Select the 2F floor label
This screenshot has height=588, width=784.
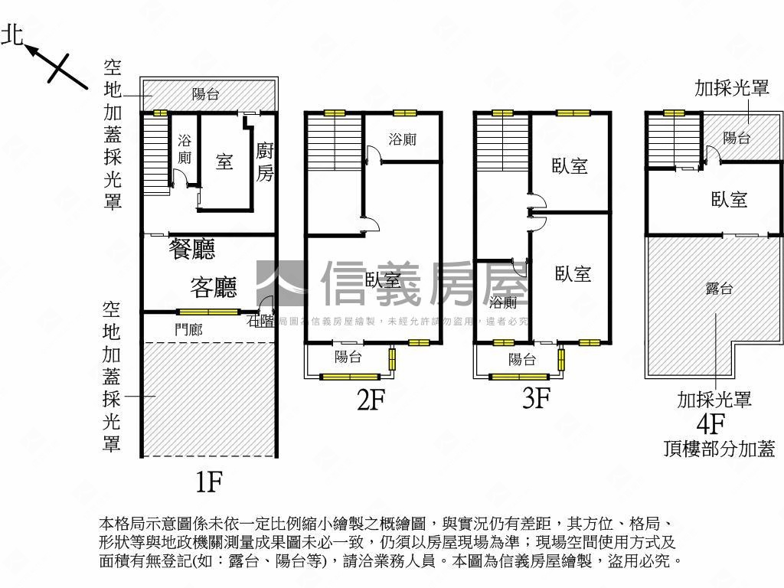point(370,400)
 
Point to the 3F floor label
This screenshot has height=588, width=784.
point(537,398)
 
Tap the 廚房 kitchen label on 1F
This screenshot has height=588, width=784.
point(264,162)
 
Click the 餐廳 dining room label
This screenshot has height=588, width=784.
point(192,249)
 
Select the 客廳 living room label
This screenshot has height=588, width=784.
point(213,287)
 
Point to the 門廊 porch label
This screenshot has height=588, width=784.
point(188,329)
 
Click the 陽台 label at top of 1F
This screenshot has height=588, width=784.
point(206,95)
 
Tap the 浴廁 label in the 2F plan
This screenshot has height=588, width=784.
point(403,140)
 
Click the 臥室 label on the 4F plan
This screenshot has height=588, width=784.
point(729,199)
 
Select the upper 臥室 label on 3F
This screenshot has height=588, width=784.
point(570,165)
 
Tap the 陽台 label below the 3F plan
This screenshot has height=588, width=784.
point(522,359)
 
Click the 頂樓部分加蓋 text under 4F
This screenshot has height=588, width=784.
point(719,449)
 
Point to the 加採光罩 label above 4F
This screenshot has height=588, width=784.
point(732,88)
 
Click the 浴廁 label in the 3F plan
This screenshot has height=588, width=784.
point(503,301)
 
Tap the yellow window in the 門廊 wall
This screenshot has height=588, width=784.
point(207,312)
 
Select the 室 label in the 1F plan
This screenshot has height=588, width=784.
point(224,162)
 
